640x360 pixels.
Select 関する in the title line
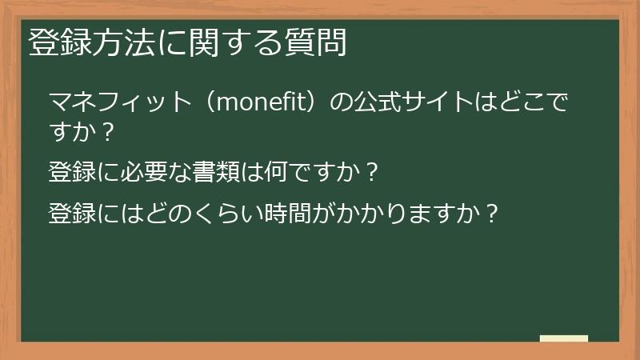tap(236, 42)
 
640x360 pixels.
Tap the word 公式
tap(381, 103)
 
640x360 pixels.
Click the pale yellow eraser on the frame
tap(563, 338)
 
